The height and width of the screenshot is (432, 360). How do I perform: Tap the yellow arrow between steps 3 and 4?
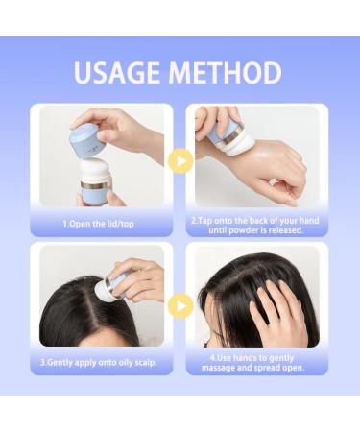click(x=180, y=306)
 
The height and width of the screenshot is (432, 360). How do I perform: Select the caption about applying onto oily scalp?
click(x=99, y=363)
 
